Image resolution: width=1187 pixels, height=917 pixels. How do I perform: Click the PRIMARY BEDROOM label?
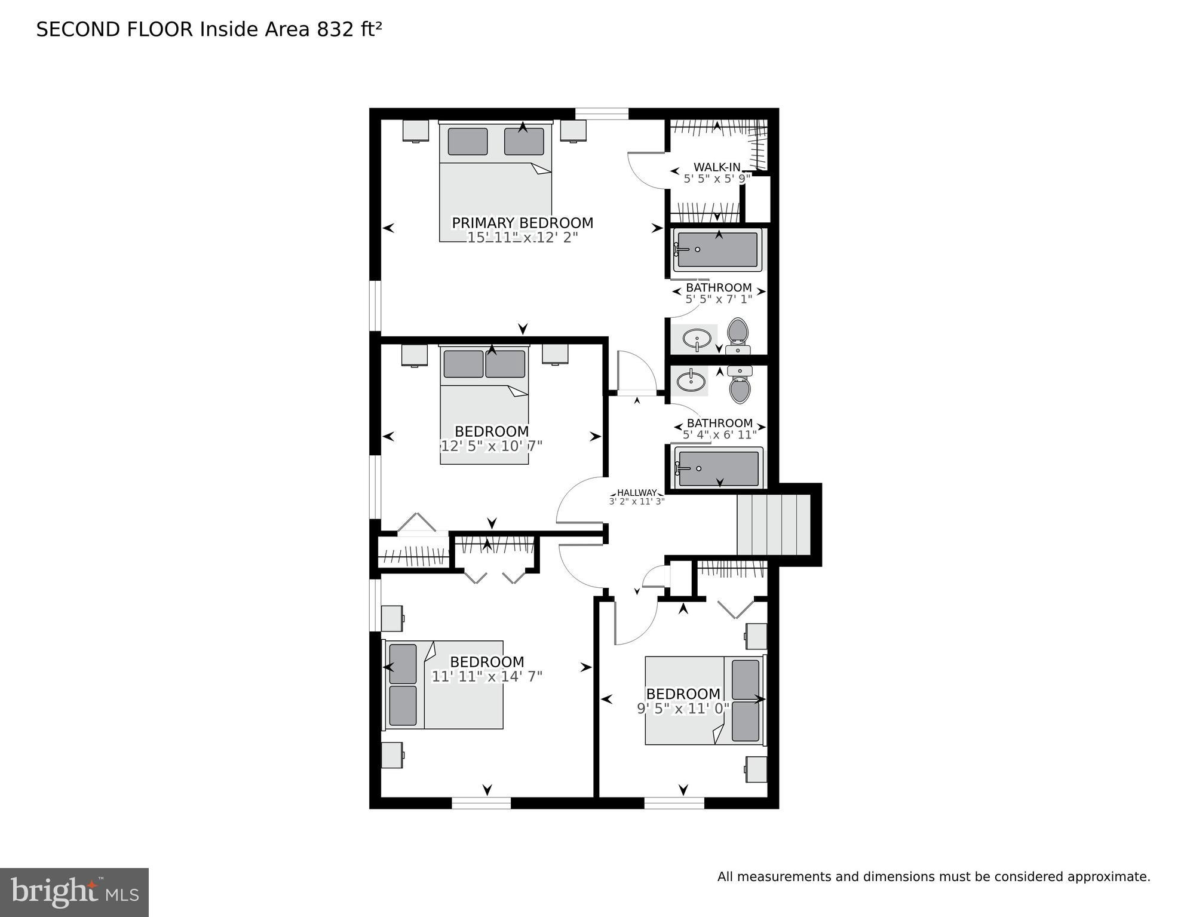click(x=522, y=223)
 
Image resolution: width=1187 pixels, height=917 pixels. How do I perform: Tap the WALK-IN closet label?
click(x=717, y=167)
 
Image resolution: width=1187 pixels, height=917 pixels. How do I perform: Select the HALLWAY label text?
click(x=637, y=493)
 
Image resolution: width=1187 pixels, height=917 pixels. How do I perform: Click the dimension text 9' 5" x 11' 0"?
click(x=683, y=709)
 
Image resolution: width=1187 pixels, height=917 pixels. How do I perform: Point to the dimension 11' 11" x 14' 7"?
click(x=487, y=676)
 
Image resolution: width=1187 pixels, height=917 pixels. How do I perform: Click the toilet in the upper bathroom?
click(x=738, y=335)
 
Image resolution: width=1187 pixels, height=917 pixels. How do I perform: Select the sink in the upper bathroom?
click(x=697, y=339)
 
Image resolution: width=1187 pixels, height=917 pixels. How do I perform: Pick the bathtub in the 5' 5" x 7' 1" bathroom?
click(x=717, y=250)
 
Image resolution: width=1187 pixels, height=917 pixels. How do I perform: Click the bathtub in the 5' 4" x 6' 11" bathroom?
click(x=719, y=468)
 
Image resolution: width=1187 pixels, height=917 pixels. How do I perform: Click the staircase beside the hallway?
click(x=774, y=525)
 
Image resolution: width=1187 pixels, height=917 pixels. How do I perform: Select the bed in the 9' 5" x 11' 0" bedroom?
click(x=705, y=700)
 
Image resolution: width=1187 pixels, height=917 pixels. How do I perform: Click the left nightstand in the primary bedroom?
click(x=415, y=131)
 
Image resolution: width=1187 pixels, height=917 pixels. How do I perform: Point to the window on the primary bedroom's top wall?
click(x=602, y=114)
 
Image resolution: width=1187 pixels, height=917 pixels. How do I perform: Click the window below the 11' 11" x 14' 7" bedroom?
click(x=481, y=803)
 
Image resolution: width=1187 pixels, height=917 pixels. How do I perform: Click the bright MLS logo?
click(x=74, y=892)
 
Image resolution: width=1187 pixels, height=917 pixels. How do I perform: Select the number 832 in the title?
click(x=335, y=29)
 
